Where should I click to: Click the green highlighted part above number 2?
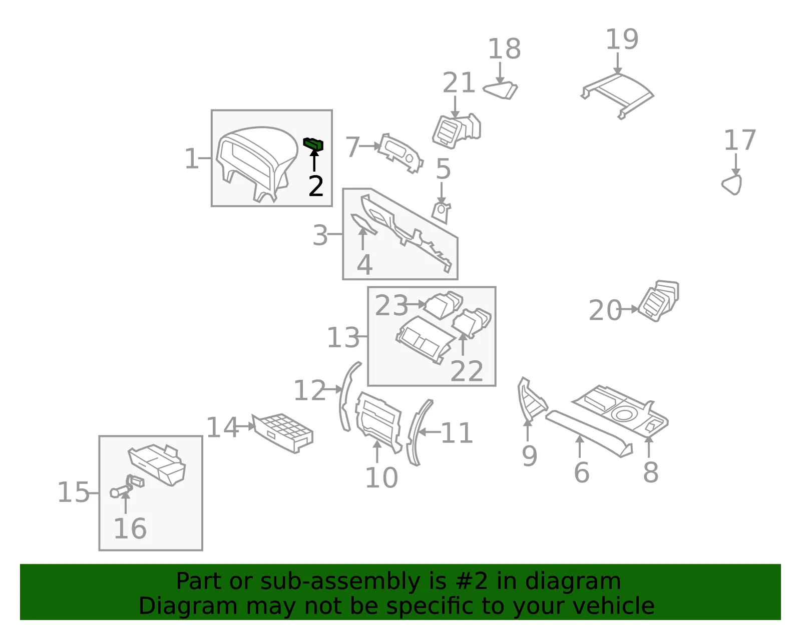(x=313, y=144)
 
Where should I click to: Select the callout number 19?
(x=622, y=39)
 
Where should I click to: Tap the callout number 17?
(x=740, y=140)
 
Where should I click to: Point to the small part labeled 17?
(x=732, y=185)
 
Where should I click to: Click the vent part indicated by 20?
(x=659, y=300)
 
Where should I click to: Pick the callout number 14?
(x=222, y=427)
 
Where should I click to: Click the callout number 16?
(x=130, y=528)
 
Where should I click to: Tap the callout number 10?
(x=381, y=478)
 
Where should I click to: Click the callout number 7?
(x=352, y=147)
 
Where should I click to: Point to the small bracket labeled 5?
(x=441, y=213)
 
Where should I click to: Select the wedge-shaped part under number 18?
(x=501, y=91)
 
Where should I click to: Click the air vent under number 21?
(x=457, y=131)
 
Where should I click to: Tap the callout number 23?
(x=391, y=305)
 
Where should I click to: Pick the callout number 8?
(x=651, y=472)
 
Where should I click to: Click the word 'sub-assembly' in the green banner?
(x=340, y=581)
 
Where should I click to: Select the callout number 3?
(x=320, y=235)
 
